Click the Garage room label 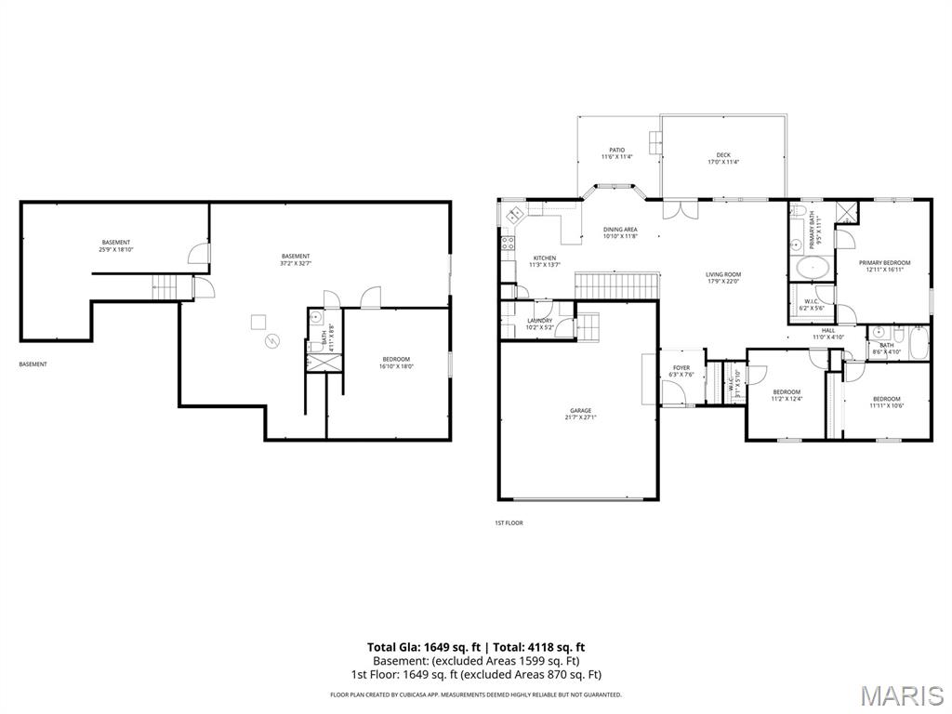tap(580, 414)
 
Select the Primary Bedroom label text tap(884, 267)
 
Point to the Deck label tap(722, 158)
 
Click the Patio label tap(616, 153)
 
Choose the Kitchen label tap(544, 261)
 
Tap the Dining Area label tap(620, 232)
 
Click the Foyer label tap(681, 371)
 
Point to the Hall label tap(827, 333)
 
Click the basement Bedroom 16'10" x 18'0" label tap(395, 363)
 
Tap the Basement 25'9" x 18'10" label tap(115, 245)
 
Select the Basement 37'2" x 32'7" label tap(296, 259)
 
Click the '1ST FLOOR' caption tap(509, 522)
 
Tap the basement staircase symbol tap(165, 286)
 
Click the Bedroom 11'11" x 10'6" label tap(886, 402)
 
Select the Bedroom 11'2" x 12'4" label tap(787, 395)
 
